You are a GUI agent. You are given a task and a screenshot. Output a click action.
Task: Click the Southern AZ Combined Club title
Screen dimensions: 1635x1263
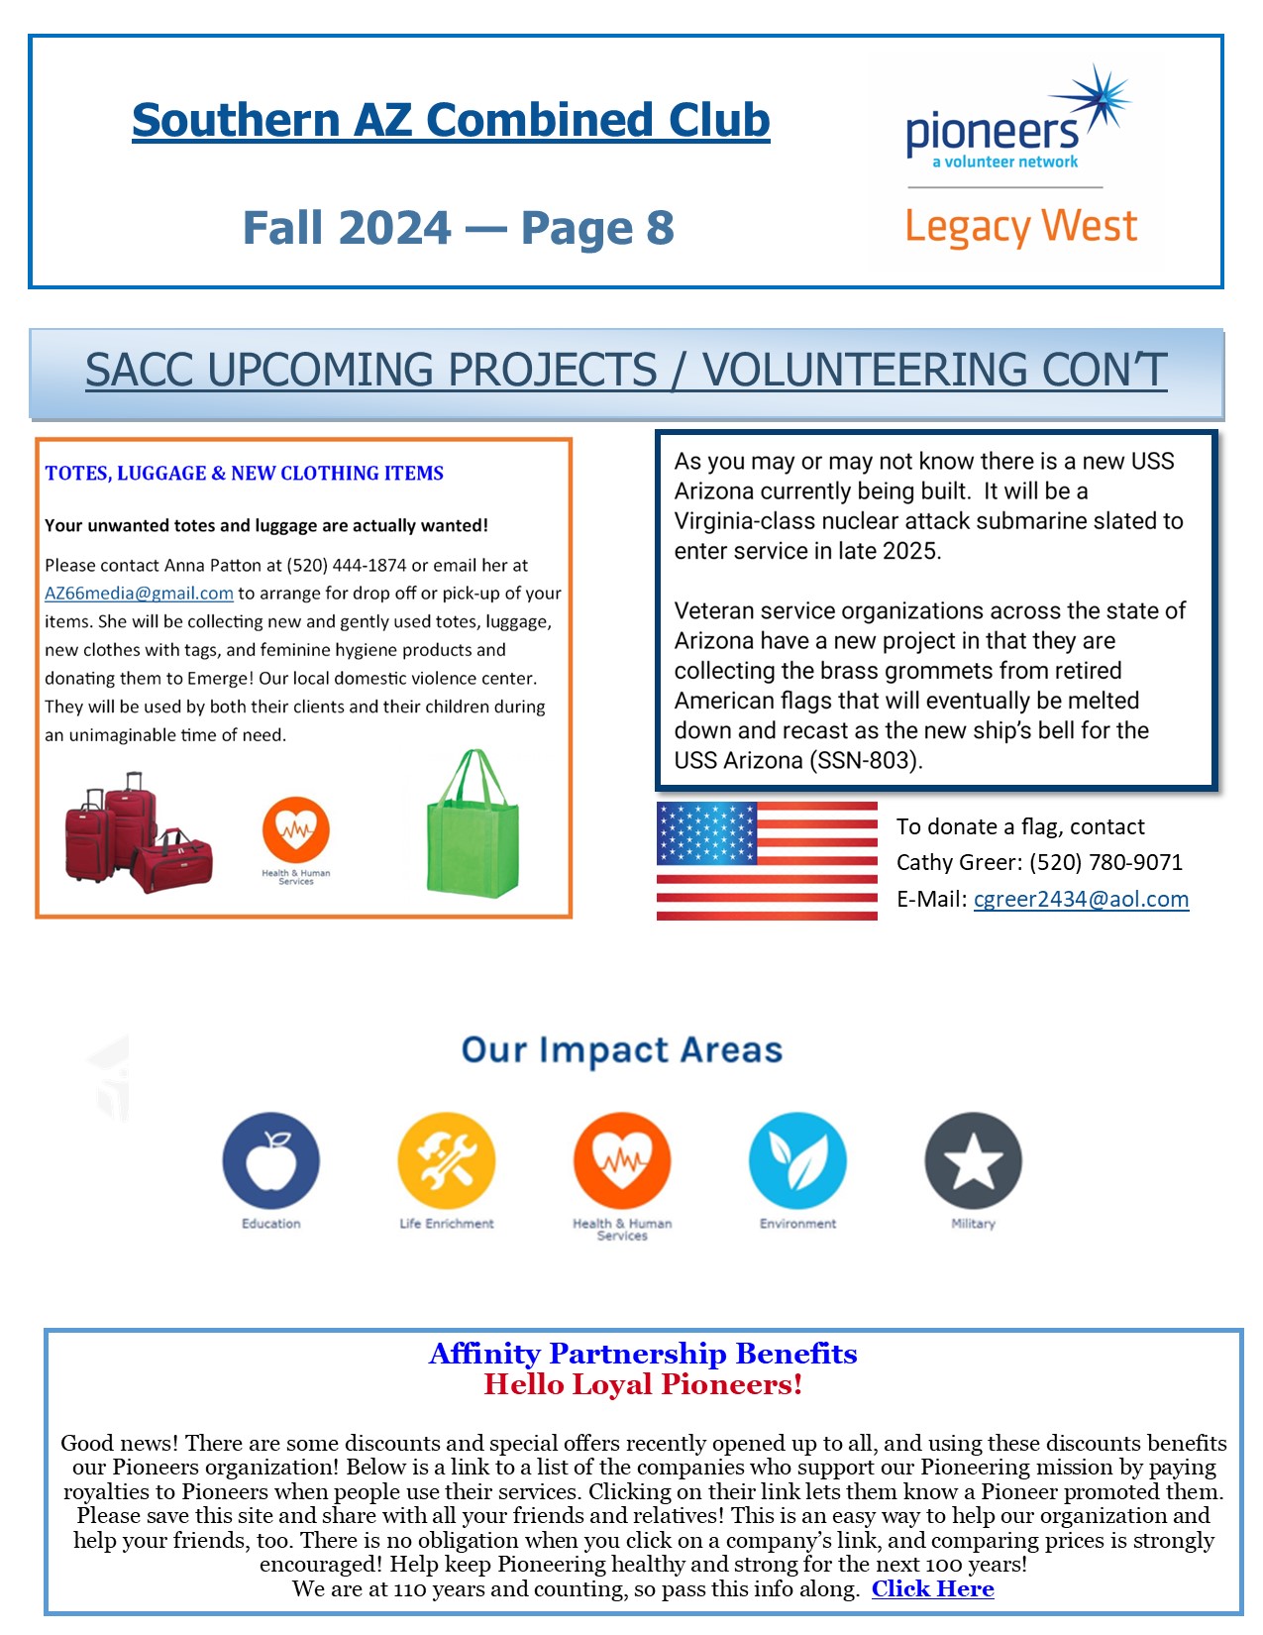tap(451, 121)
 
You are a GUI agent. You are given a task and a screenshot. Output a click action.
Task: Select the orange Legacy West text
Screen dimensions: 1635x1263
tap(1020, 227)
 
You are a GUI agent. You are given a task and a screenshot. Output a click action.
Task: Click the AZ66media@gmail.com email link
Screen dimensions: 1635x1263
tap(139, 594)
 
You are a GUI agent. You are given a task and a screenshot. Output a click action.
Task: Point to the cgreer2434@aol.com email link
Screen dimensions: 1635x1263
tap(1081, 900)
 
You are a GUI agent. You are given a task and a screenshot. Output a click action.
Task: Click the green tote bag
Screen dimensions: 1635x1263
tap(473, 825)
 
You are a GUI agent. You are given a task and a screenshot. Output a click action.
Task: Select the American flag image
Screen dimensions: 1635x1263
tap(767, 861)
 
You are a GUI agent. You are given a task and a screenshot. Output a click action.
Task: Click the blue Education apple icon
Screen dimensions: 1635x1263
tap(270, 1160)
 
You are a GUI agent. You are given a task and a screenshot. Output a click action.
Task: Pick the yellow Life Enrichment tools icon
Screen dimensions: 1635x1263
tap(446, 1160)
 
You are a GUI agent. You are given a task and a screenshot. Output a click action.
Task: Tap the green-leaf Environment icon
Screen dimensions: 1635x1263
tap(797, 1160)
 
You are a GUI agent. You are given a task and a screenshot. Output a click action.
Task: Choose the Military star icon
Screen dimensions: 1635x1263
tap(973, 1160)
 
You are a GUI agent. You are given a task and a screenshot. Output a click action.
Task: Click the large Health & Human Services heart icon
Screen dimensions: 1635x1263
tap(622, 1160)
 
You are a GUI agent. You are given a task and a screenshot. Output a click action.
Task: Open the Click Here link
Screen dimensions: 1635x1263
tap(932, 1589)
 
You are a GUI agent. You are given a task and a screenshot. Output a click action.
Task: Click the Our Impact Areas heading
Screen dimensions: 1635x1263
tap(622, 1050)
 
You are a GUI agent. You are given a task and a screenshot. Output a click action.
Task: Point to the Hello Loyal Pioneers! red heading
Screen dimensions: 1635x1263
tap(643, 1385)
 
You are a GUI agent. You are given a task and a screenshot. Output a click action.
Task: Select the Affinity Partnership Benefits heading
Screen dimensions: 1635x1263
tap(643, 1354)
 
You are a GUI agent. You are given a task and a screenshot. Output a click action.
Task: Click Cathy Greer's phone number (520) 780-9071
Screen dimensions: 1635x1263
tap(1105, 863)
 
